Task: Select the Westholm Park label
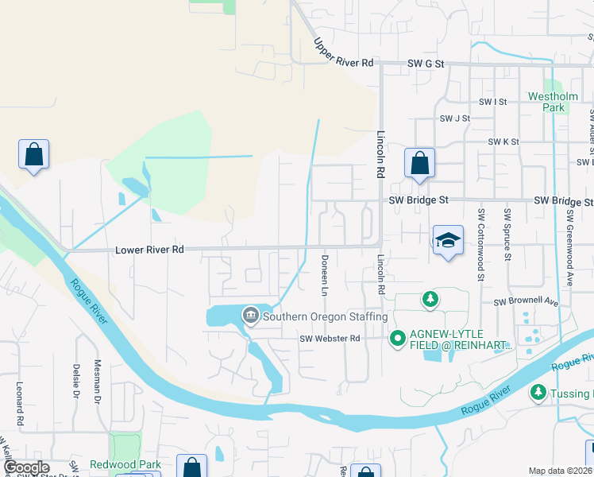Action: (x=547, y=102)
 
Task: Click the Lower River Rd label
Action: (x=150, y=250)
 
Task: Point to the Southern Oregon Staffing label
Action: (x=325, y=316)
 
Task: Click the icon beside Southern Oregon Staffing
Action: (x=251, y=316)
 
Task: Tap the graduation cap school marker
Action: (x=448, y=240)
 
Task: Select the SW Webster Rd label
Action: (x=330, y=339)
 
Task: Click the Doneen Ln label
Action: (x=325, y=276)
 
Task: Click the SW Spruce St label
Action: (x=507, y=235)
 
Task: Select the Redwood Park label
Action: (x=127, y=464)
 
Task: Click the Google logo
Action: (x=26, y=467)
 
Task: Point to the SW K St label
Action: (x=503, y=142)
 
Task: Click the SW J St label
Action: (x=456, y=118)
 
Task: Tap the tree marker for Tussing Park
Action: (x=538, y=393)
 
